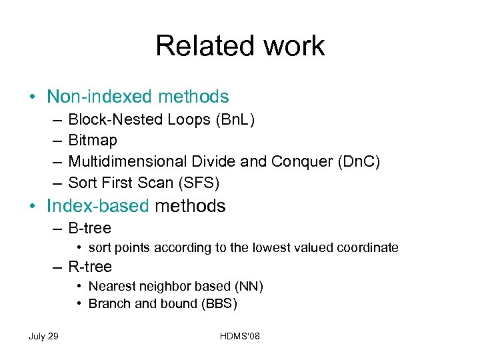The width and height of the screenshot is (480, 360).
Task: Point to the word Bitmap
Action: (93, 140)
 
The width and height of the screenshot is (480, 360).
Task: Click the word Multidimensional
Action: (125, 161)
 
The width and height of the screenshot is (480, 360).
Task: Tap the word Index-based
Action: (98, 206)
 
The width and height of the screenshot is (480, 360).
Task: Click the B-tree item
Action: (89, 228)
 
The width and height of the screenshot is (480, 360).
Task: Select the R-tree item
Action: (90, 267)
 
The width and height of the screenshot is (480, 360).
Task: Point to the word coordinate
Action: (369, 248)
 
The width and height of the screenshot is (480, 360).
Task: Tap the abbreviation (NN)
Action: (248, 287)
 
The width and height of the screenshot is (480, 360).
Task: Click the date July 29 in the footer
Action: (43, 336)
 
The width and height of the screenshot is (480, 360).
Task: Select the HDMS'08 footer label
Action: (240, 336)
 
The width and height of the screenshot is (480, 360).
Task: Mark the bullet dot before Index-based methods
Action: (33, 207)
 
